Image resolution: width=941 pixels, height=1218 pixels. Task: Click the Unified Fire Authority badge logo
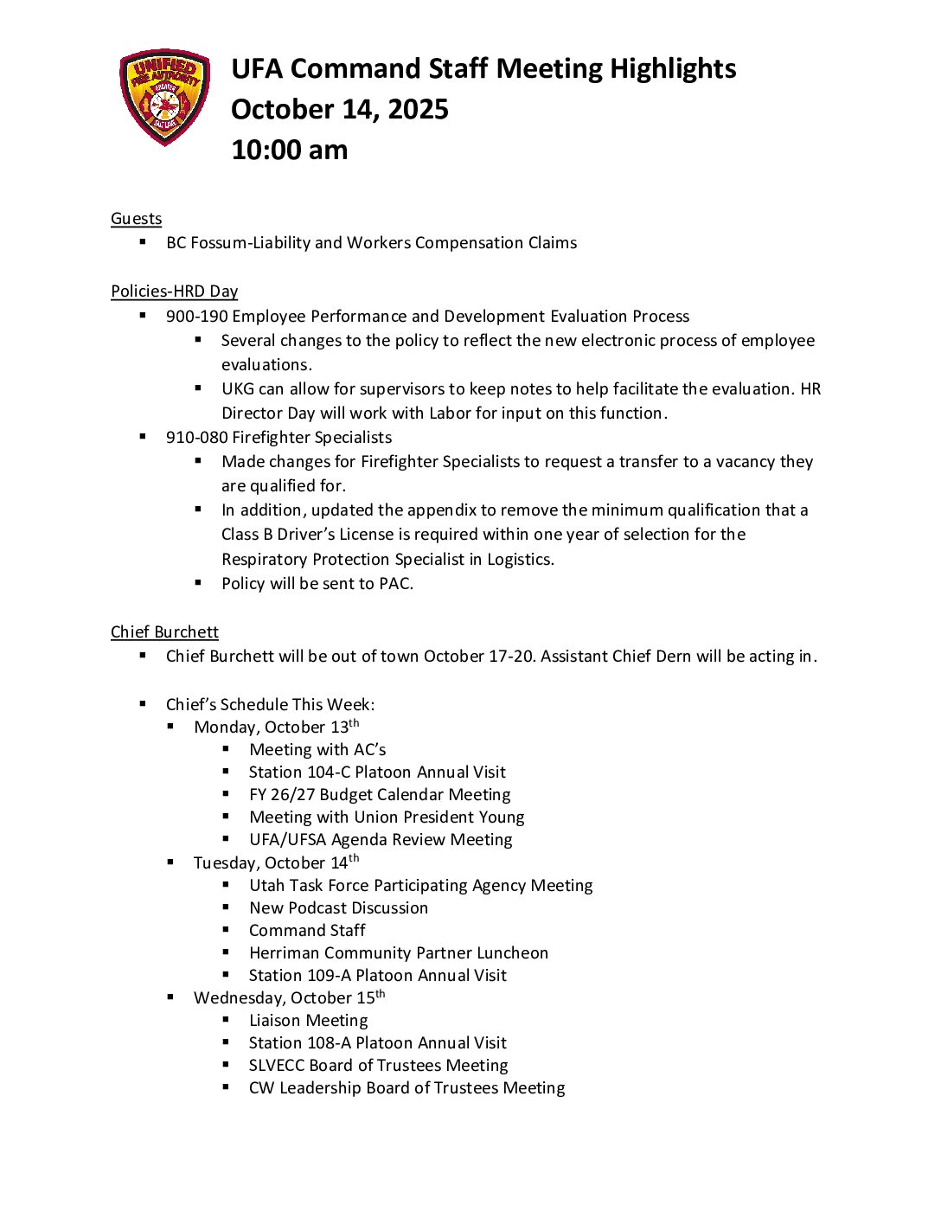tap(164, 96)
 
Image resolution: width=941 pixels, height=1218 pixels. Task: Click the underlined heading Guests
tap(136, 219)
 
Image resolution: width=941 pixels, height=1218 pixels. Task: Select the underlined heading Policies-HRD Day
tap(174, 292)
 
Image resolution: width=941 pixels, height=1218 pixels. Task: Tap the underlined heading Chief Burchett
tap(164, 632)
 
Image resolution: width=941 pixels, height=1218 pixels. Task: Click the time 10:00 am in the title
tap(289, 150)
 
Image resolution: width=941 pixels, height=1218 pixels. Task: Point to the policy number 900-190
tap(196, 317)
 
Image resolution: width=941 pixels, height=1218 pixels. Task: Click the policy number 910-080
tap(196, 438)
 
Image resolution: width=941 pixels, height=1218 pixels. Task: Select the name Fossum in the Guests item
tap(217, 243)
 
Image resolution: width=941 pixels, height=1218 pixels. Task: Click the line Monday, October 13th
tap(276, 727)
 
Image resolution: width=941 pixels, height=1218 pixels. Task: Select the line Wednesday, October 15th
tap(289, 997)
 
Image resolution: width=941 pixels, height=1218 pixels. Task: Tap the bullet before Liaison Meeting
tap(227, 1020)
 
